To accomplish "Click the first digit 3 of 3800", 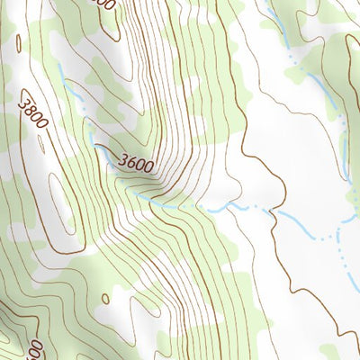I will click(21, 102).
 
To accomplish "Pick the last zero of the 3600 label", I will click(147, 168).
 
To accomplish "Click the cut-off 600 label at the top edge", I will click(104, 4).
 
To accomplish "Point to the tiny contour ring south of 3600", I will click(105, 298).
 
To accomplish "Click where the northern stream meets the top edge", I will click(270, 3).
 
